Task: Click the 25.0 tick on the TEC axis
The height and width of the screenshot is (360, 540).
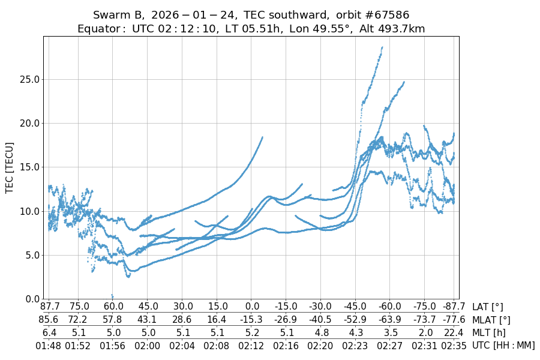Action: (x=30, y=79)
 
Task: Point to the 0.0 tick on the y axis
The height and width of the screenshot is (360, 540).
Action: (x=30, y=299)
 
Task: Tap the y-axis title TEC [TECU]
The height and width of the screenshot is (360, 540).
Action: (x=10, y=167)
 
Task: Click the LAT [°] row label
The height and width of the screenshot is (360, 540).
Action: (x=488, y=307)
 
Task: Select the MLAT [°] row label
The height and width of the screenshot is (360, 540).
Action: (x=491, y=320)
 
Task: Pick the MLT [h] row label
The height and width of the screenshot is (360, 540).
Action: (x=489, y=332)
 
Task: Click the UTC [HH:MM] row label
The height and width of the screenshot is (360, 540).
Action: (x=503, y=346)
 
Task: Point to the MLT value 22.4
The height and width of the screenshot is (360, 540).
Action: (x=454, y=332)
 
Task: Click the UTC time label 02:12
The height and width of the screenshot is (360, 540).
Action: (x=251, y=346)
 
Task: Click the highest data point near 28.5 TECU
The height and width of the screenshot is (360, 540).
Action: (x=382, y=47)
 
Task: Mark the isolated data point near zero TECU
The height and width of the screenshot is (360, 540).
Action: (x=112, y=295)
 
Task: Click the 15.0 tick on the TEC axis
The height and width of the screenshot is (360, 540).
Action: (x=30, y=167)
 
